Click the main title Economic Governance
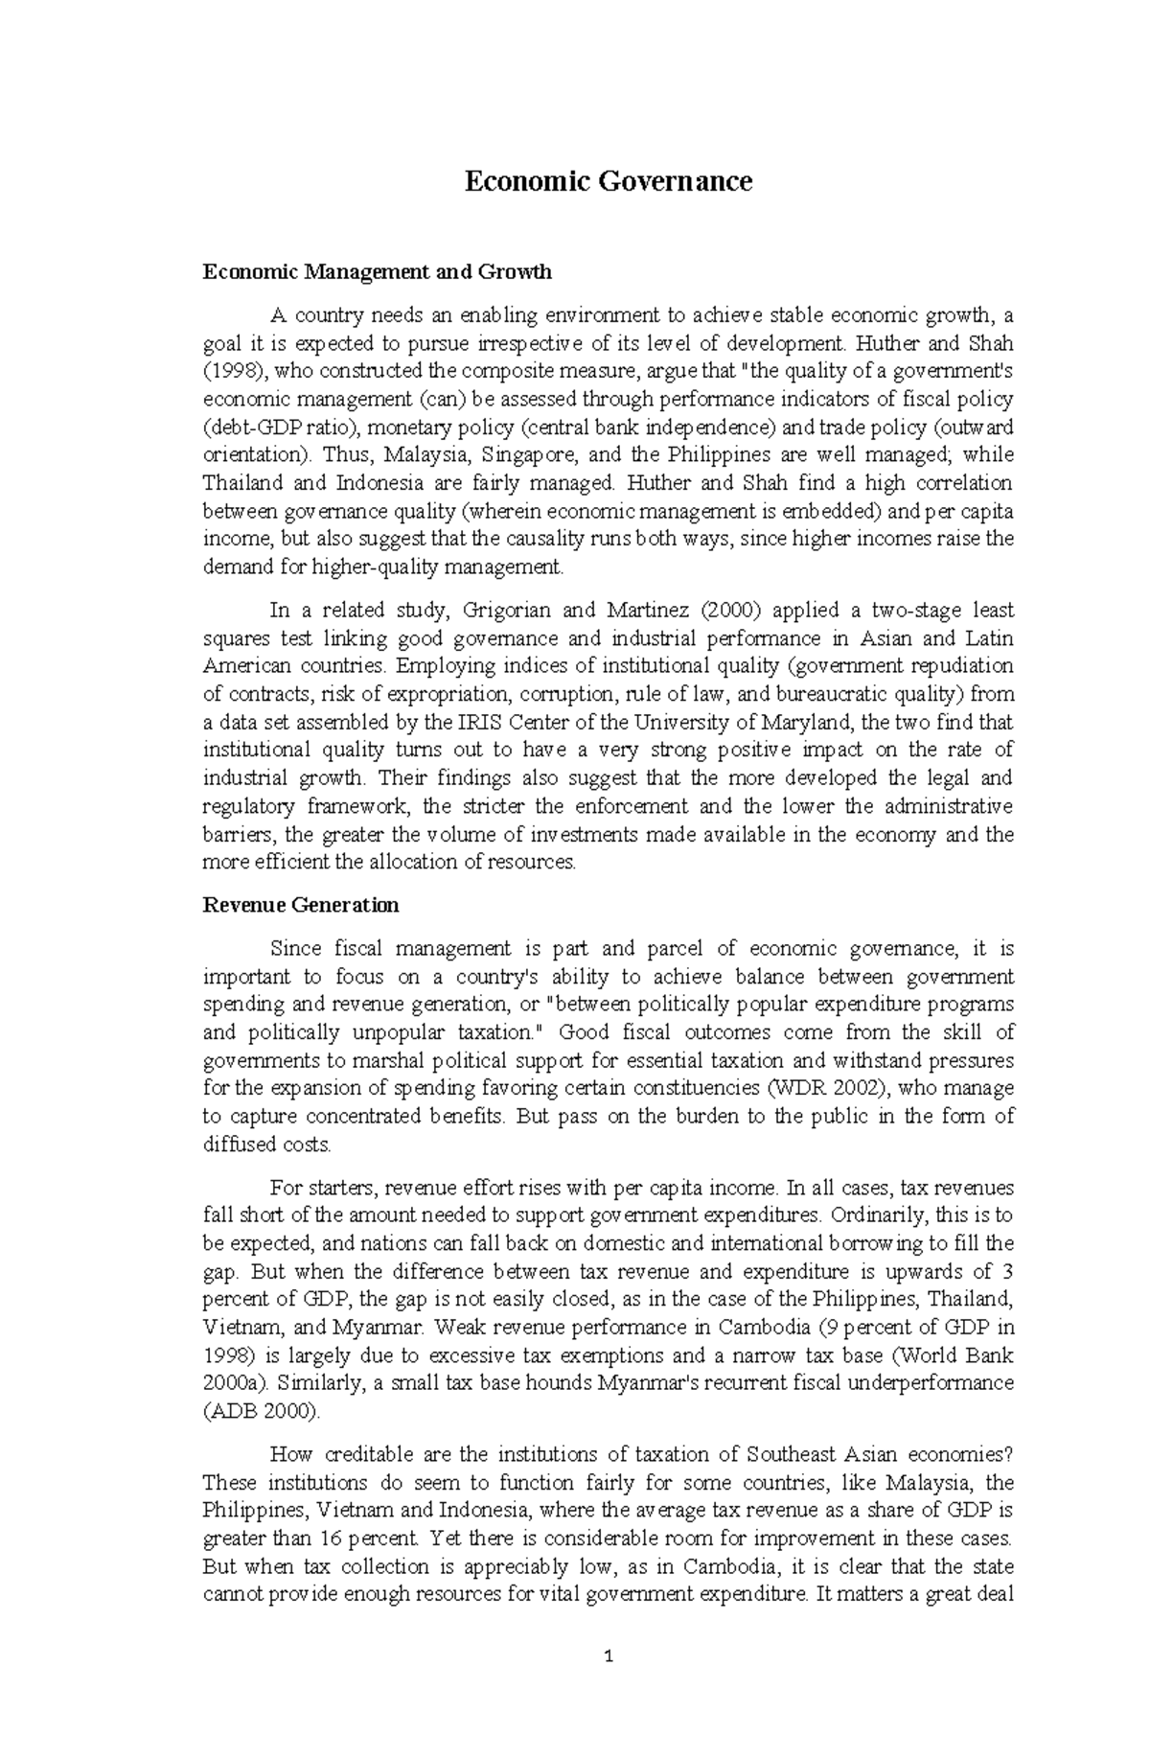(608, 181)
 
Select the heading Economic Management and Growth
(377, 272)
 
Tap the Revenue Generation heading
(301, 905)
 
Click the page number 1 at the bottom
(609, 1682)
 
